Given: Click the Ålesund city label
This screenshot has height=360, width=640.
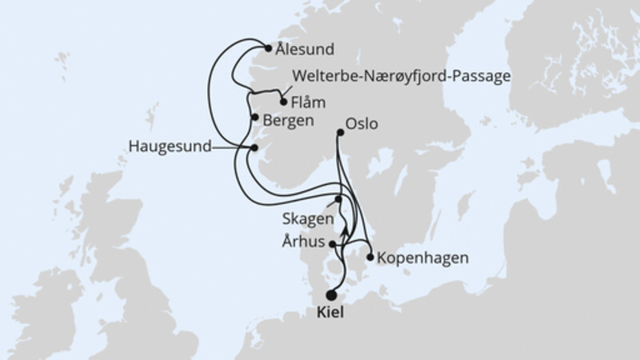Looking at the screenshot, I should (304, 48).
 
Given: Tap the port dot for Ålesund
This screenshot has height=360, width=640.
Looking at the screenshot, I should (268, 48).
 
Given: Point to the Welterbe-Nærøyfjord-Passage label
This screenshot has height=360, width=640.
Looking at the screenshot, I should (402, 77).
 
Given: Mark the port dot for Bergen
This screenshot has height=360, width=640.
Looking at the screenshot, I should (254, 118).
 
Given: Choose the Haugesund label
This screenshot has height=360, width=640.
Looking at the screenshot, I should (169, 147).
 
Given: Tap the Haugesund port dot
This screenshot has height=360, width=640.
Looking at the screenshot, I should (254, 147).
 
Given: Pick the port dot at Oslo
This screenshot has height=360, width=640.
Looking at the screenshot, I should (338, 134).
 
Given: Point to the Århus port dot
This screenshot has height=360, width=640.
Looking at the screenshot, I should (333, 246).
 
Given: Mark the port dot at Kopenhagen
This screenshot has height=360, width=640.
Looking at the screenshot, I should (370, 257).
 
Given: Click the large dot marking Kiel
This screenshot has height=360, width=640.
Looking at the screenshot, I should (331, 294).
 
